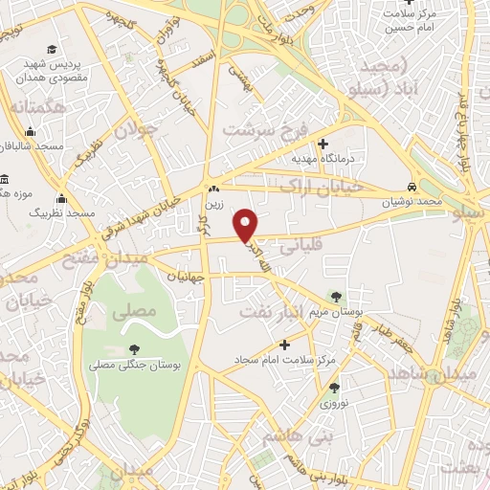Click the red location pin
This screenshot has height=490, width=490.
247,224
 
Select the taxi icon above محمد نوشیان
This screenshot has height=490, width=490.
411,188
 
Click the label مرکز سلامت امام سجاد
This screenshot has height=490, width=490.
285,359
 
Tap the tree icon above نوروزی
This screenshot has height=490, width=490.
334,388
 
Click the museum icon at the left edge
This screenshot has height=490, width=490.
5,180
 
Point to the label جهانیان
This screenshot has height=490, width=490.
186,277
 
